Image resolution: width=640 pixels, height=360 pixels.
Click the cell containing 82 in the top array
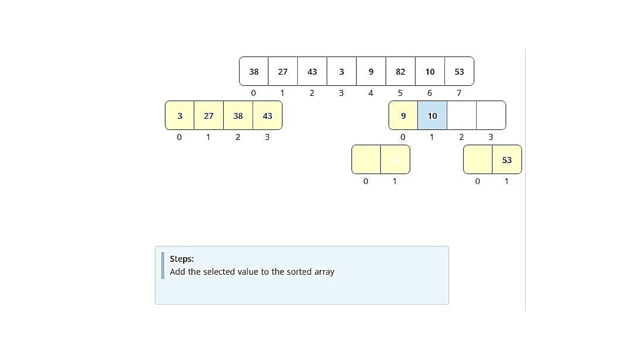click(400, 71)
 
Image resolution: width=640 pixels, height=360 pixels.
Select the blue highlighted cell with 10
click(432, 115)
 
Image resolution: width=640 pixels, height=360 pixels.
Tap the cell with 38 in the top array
click(254, 71)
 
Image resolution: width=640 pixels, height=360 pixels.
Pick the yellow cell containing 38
click(238, 115)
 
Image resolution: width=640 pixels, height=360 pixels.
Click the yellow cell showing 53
click(507, 159)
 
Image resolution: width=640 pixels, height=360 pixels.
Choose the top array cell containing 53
click(459, 71)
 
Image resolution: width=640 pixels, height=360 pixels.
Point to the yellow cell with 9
click(403, 115)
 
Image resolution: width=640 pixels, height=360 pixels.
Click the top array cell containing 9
click(371, 71)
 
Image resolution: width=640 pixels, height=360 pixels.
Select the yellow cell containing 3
click(180, 115)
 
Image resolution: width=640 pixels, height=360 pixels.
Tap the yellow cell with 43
click(267, 115)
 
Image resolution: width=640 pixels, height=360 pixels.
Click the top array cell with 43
click(312, 71)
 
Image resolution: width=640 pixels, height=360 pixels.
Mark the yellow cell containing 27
click(209, 115)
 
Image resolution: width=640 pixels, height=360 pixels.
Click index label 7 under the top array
click(459, 93)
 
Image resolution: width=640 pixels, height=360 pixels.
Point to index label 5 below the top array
click(400, 93)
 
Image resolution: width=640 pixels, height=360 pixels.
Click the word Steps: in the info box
click(182, 259)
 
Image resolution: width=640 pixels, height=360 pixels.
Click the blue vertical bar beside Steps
click(162, 265)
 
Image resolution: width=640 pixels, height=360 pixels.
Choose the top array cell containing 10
click(430, 71)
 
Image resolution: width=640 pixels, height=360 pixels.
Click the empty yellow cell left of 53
click(478, 159)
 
